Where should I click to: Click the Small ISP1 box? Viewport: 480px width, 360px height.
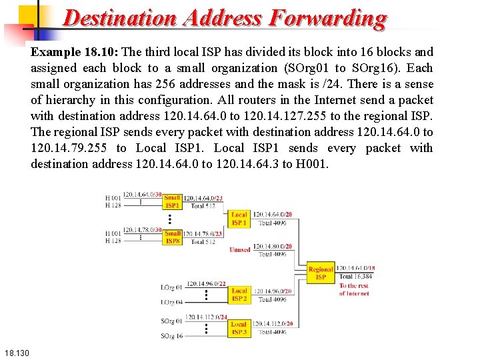[x=172, y=201]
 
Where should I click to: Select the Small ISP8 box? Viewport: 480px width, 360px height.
[x=172, y=237]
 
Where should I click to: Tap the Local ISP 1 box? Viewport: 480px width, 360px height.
[x=239, y=218]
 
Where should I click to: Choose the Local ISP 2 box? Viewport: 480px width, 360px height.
[x=239, y=295]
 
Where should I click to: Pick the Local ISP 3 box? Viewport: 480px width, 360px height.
[x=239, y=327]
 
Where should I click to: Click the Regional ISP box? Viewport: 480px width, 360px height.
[x=321, y=273]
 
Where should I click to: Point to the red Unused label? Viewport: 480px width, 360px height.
[x=240, y=250]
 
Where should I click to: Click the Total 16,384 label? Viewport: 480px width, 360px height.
[x=356, y=276]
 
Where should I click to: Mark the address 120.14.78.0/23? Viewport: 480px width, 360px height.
[x=203, y=233]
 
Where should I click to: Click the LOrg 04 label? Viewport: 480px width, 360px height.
[x=171, y=302]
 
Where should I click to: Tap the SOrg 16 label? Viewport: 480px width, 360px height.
[x=171, y=336]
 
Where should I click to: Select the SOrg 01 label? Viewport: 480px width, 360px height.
[x=171, y=321]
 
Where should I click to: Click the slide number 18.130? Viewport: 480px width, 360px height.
[x=16, y=352]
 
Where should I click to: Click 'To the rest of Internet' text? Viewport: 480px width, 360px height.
[x=354, y=289]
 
